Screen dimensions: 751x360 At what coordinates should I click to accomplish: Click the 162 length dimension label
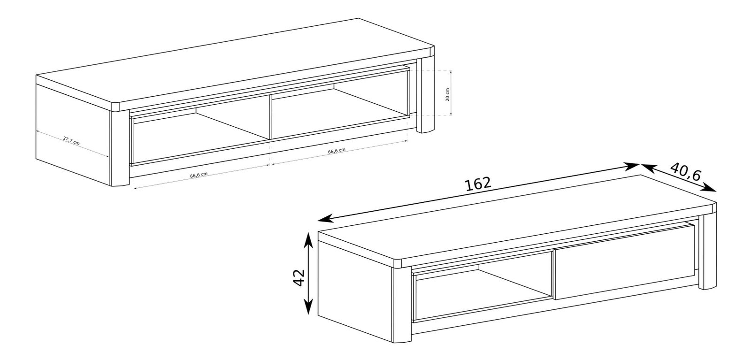pos(478,184)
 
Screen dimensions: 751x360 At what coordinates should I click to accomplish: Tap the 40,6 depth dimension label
pos(686,172)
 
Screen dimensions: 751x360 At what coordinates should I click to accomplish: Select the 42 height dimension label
pos(299,277)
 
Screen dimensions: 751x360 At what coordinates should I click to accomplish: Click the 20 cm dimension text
pos(447,94)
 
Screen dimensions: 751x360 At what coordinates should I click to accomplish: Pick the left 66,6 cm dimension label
pos(199,176)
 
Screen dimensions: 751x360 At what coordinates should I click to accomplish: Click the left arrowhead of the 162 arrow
pos(324,219)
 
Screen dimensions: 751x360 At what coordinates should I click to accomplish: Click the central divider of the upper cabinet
pos(269,117)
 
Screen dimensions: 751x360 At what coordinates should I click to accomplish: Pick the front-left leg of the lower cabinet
pos(402,304)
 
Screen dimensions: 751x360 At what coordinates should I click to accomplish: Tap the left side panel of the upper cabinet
pos(73,134)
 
